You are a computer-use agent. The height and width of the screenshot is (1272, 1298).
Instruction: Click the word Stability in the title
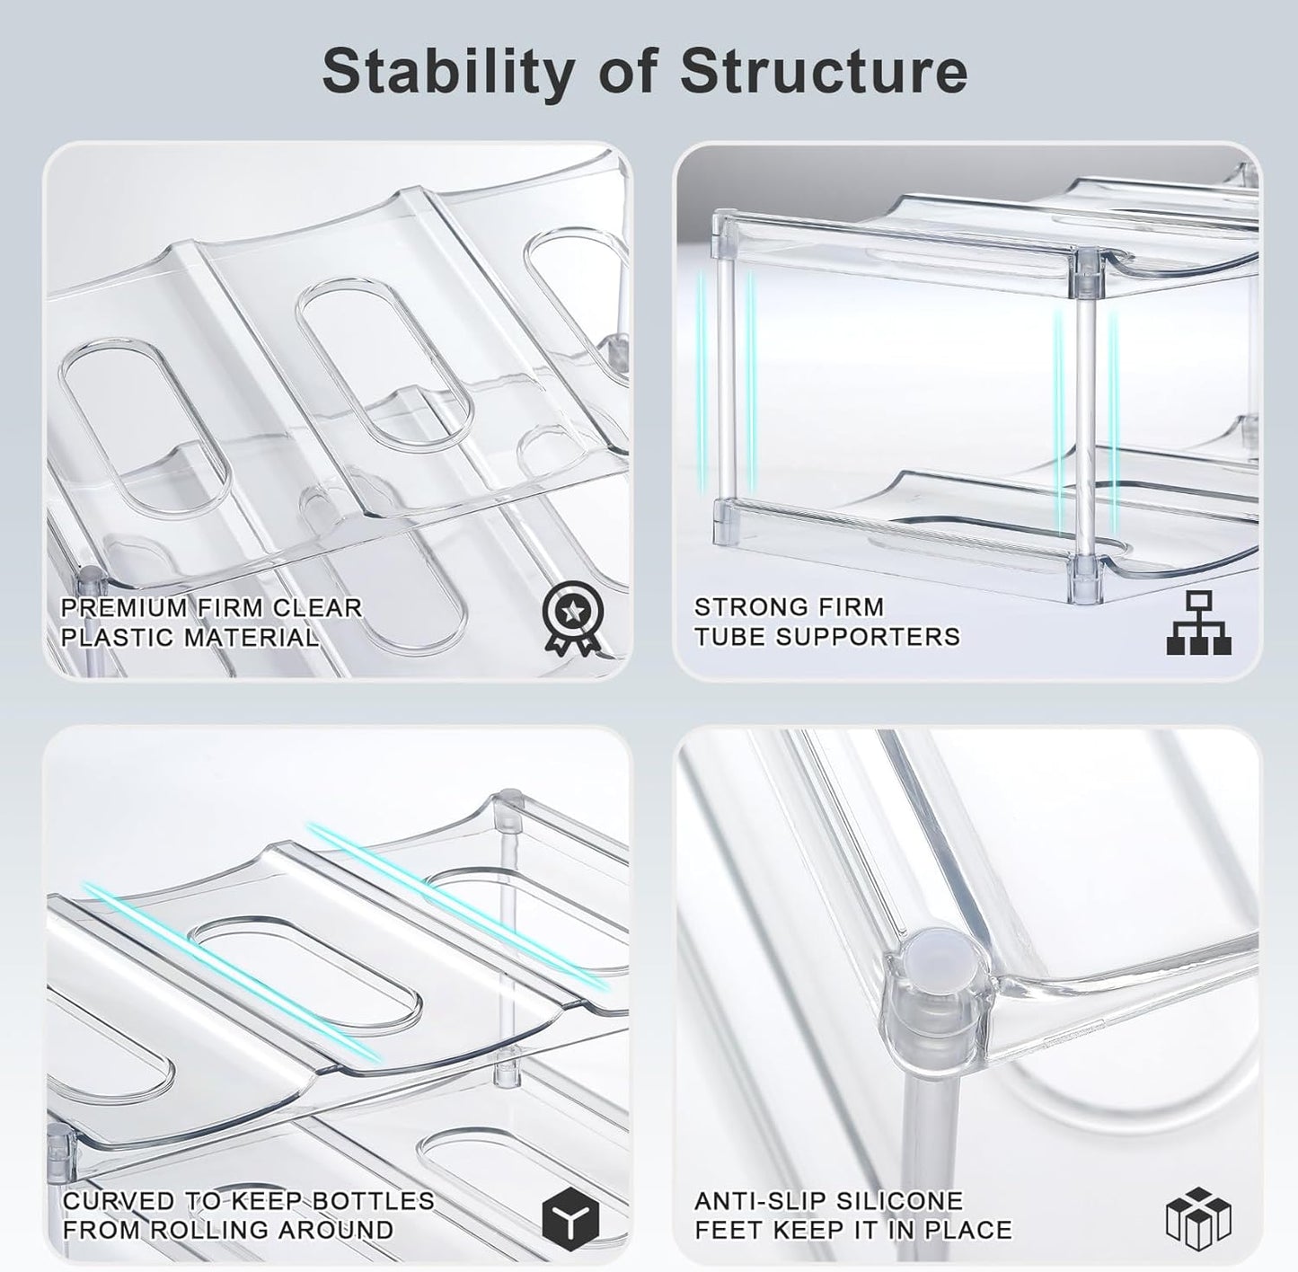[448, 73]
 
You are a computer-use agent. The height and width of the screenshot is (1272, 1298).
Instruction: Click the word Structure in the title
[823, 71]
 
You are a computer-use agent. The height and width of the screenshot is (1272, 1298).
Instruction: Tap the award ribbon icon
[572, 618]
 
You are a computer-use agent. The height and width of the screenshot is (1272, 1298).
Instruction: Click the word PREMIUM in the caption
[125, 607]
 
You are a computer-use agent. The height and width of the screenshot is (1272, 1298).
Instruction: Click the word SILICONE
[898, 1200]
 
